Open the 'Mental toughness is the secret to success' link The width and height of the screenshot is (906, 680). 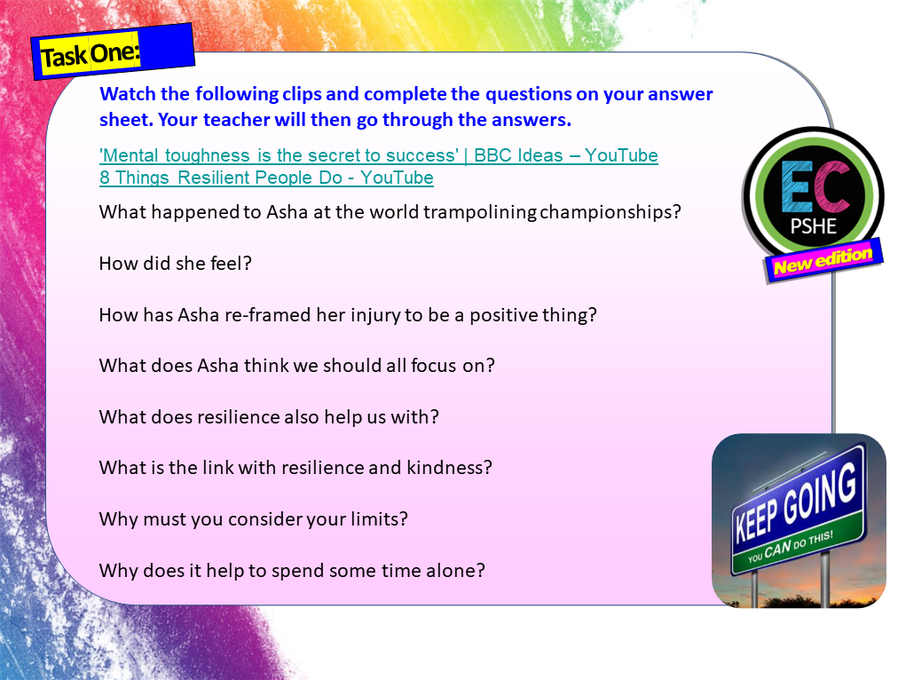coord(280,156)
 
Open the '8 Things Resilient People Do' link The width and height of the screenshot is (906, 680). coord(266,178)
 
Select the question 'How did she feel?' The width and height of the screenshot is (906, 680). coord(177,264)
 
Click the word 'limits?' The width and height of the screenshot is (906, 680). coord(376,519)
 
